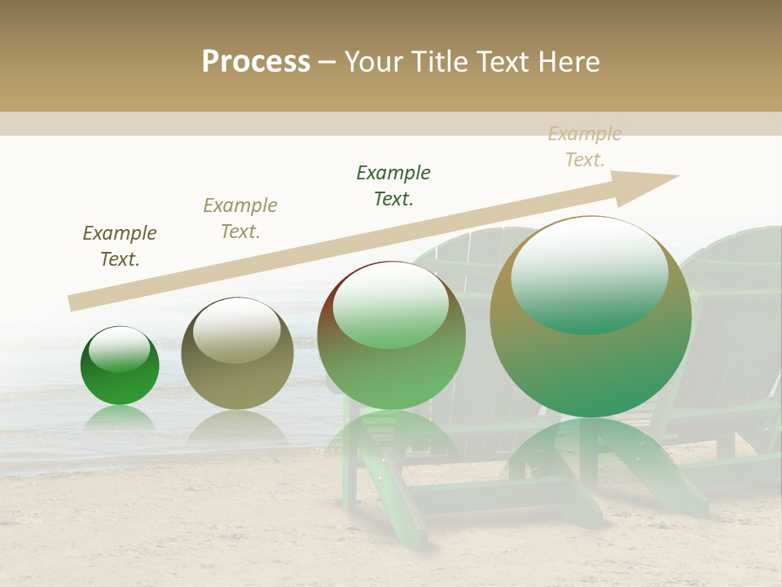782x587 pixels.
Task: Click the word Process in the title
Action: click(256, 62)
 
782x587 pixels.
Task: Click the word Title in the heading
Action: click(438, 62)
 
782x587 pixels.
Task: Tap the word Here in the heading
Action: click(569, 62)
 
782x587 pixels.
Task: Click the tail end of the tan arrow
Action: click(72, 303)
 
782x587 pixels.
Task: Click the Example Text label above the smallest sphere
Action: click(120, 246)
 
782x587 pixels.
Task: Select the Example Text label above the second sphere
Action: click(240, 218)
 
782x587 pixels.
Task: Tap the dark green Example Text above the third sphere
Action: click(393, 185)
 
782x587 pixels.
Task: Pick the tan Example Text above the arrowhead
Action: click(585, 147)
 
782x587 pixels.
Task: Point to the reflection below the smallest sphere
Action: click(120, 419)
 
